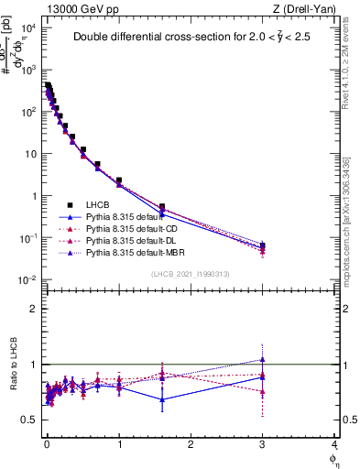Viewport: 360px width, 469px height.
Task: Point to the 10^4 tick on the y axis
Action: [x=28, y=27]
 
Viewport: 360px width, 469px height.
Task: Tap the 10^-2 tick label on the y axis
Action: [x=28, y=280]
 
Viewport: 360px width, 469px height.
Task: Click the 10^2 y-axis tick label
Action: [x=28, y=112]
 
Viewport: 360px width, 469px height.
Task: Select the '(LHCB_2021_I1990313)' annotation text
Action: [x=191, y=275]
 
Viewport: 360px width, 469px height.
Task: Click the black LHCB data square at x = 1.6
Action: [x=162, y=207]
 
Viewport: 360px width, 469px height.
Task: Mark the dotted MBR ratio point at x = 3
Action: [x=263, y=359]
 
